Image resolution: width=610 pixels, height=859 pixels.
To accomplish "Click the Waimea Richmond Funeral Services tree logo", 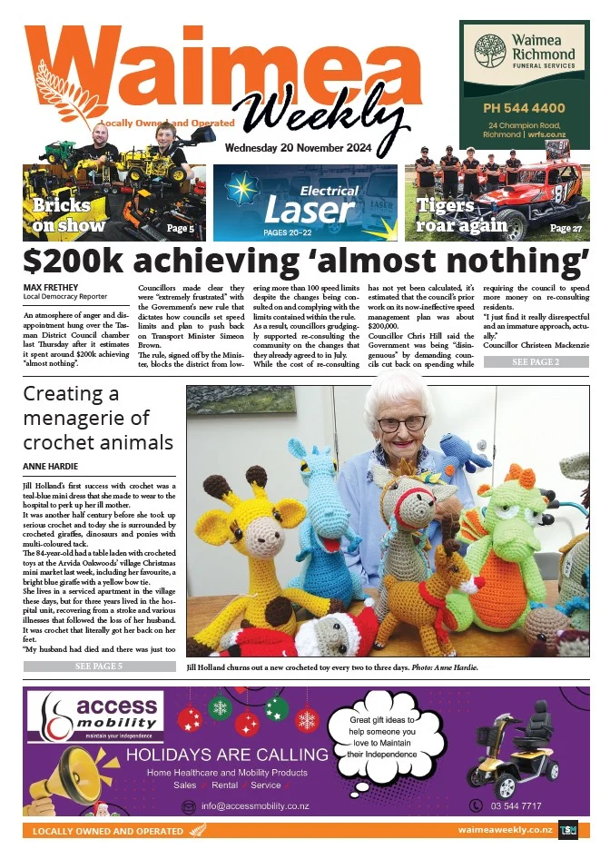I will coord(491,52).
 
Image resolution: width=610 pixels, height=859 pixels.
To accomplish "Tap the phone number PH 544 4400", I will coord(524,108).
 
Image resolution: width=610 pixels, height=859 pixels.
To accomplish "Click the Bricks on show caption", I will coord(69,215).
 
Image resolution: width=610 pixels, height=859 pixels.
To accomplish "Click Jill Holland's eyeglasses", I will coord(401,423).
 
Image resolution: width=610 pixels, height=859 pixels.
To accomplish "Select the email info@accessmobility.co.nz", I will coord(255,805).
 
